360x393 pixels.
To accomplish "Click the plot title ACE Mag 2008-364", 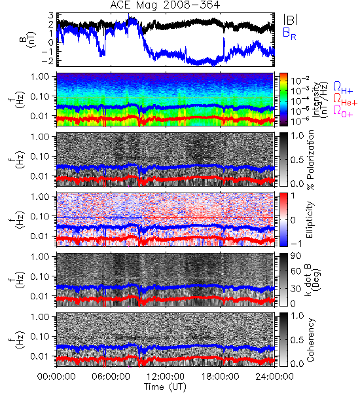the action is (165, 5).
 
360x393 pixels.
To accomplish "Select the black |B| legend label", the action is (291, 19).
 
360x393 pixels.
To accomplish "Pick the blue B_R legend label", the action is (289, 33).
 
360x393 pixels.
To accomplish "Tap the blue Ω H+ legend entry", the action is (343, 88).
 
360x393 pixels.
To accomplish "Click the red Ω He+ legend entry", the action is (345, 99).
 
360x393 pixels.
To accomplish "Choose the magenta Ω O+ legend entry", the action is (343, 111).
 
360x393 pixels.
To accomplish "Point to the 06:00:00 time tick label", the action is (111, 377).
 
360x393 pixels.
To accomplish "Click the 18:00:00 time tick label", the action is (220, 377).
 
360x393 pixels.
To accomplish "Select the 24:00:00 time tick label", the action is (274, 377).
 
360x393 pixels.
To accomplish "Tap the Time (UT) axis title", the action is (165, 386).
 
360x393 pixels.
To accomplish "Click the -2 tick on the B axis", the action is (48, 60).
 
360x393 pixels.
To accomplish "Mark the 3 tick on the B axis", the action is (51, 15).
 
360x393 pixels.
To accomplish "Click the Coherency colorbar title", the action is (310, 340).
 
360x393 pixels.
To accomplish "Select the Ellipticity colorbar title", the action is (310, 219).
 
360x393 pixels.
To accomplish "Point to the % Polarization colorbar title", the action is (310, 160).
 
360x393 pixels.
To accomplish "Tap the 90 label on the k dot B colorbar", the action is (296, 256).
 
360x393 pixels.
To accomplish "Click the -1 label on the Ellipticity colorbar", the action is (296, 244).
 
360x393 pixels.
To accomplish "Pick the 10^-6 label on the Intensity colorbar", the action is (297, 121).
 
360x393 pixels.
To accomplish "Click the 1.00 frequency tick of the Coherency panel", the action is (41, 317).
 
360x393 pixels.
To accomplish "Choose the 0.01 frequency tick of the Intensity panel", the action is (41, 116).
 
